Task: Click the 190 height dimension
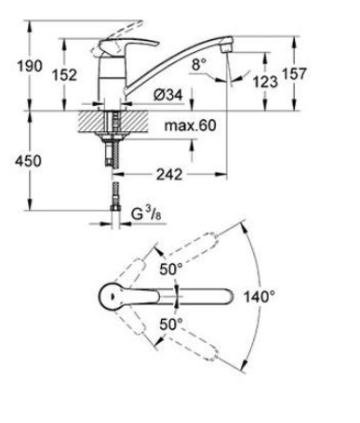[30, 66]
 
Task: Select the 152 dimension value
[64, 75]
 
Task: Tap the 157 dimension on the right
[294, 74]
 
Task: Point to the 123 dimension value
[265, 82]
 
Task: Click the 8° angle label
[199, 65]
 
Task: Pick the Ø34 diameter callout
[168, 95]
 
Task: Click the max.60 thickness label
[190, 126]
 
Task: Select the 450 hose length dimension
[28, 161]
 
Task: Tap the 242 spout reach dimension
[169, 175]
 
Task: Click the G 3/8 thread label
[146, 214]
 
